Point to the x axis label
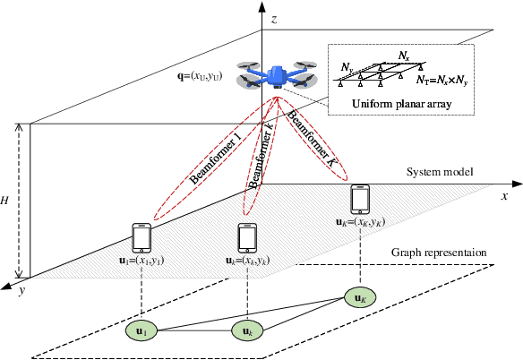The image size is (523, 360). point(505,194)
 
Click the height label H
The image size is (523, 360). point(6,201)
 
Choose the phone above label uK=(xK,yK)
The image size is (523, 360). point(360,198)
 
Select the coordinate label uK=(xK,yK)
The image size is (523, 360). point(360,222)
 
